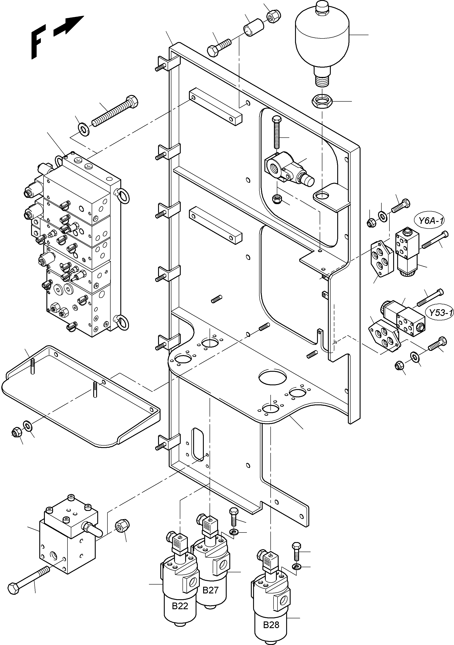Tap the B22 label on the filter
pos(180,606)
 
